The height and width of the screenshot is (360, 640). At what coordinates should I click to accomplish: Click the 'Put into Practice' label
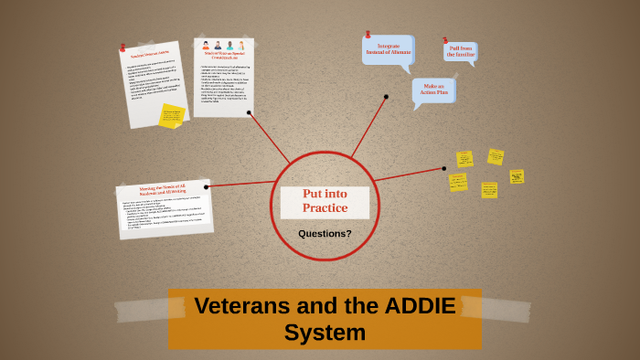pos(325,201)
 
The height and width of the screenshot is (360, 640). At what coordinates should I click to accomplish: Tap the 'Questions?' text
pos(325,233)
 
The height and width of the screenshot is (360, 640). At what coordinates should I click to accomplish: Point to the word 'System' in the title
pos(325,333)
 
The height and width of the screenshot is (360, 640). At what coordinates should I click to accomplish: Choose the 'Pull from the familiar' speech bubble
pos(461,52)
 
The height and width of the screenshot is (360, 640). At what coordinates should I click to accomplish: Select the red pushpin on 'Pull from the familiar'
pos(445,40)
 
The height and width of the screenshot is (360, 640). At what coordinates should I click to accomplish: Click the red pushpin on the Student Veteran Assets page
pos(123,47)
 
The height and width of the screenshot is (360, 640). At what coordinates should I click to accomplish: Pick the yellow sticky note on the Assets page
pos(171,115)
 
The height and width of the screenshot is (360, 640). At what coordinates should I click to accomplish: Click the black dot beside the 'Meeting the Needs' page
pos(207,186)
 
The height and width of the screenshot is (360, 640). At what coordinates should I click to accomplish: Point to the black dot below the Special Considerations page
pos(248,113)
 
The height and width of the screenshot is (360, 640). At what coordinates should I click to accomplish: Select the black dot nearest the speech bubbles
pos(386,96)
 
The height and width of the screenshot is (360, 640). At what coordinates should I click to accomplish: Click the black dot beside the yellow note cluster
pos(444,168)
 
